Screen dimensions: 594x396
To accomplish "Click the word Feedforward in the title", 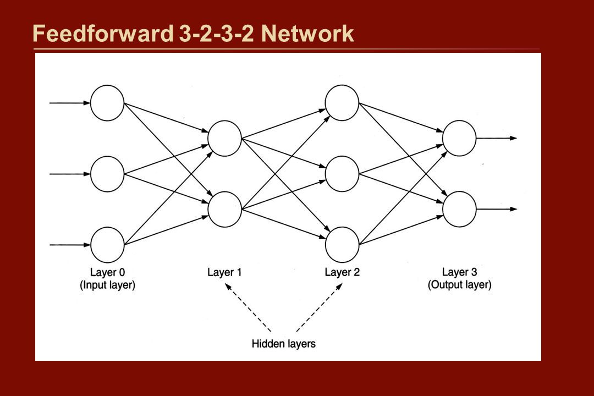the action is [103, 34].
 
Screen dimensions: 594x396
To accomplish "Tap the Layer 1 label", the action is [224, 272].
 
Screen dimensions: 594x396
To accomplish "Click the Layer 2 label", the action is [342, 272].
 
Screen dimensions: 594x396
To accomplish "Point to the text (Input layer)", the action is [107, 285].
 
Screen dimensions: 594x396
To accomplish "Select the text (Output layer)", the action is [459, 285].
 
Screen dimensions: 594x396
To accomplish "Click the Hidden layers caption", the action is [284, 344].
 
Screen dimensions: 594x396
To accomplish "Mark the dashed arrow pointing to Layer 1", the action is [248, 307].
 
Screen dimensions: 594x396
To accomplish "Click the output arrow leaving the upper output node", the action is [497, 138].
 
